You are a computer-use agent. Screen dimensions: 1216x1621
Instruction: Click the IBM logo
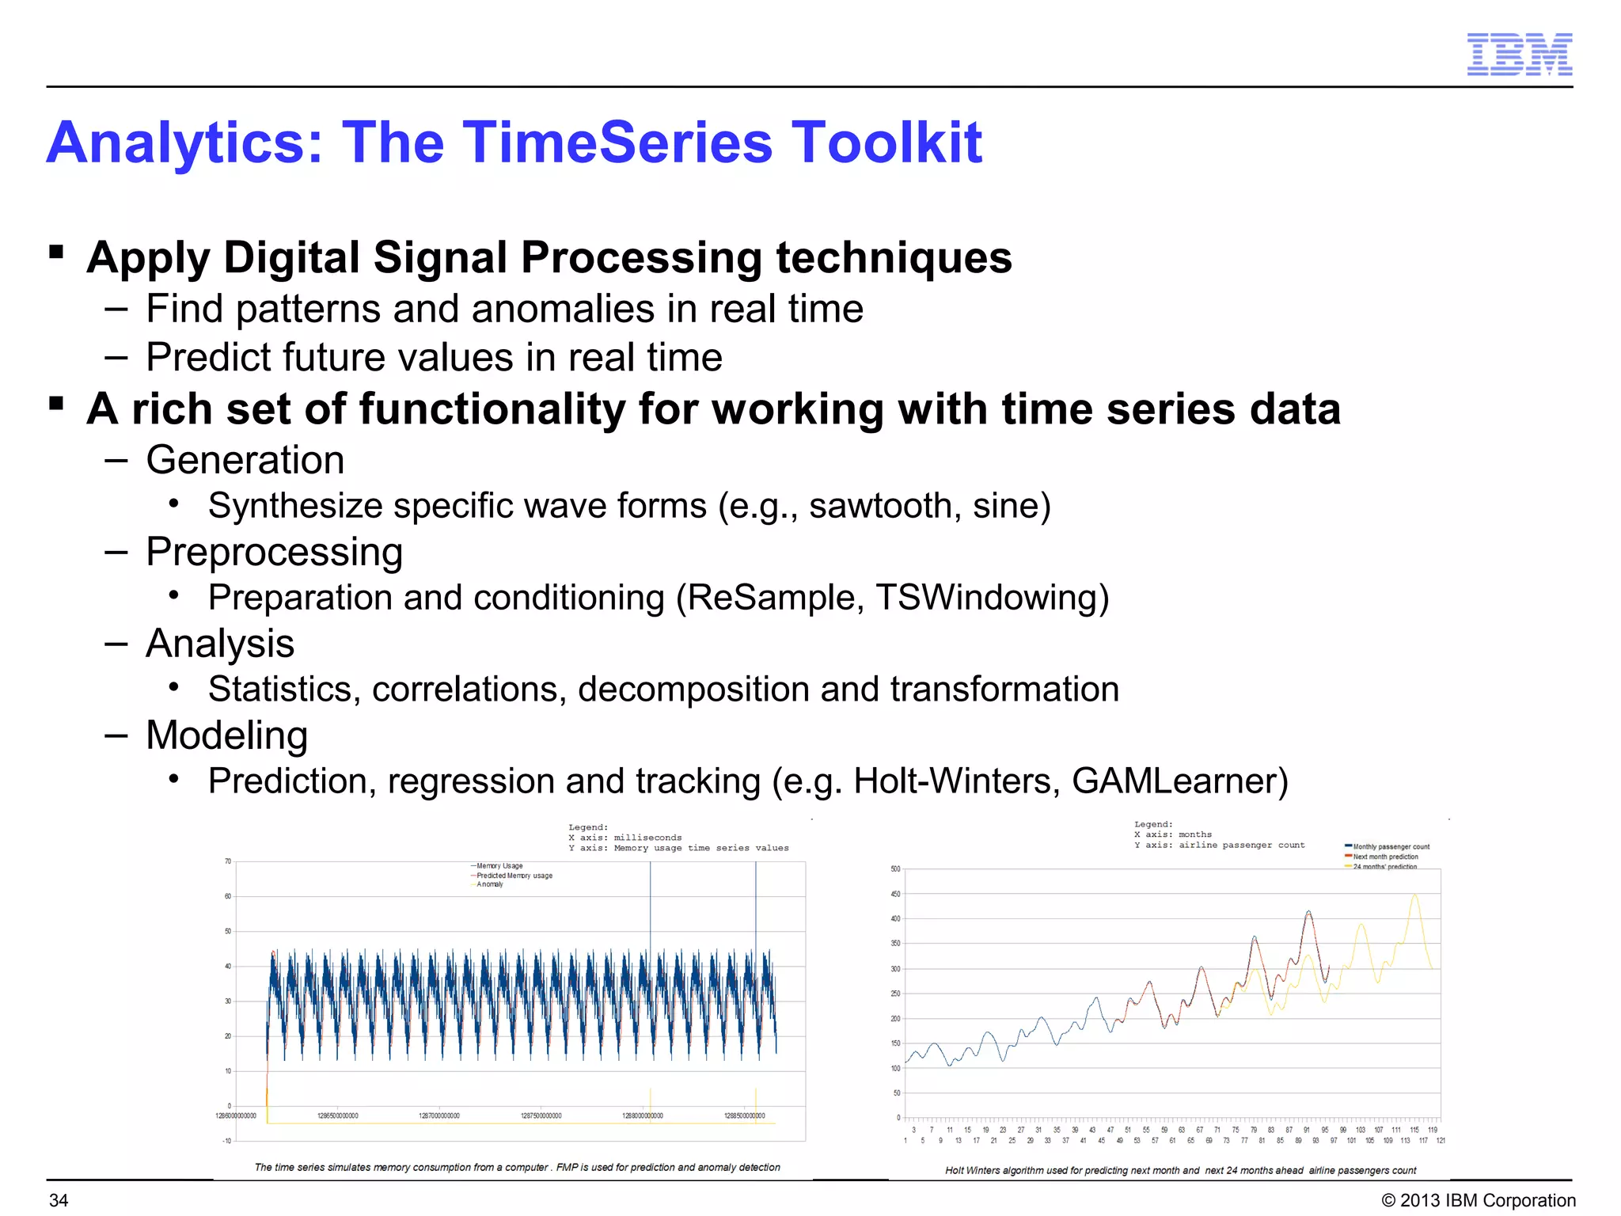tap(1519, 55)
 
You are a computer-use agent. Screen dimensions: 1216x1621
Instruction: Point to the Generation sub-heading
tap(245, 460)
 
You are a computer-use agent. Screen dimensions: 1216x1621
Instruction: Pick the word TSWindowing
tap(992, 598)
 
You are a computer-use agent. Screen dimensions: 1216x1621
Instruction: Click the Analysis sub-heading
tap(220, 643)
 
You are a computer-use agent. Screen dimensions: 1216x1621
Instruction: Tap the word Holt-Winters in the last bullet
tap(957, 781)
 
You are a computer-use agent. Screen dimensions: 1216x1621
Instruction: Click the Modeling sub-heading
tap(227, 735)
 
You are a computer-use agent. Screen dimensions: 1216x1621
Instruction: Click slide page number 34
tap(59, 1200)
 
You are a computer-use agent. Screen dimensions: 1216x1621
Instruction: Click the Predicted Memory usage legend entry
tap(514, 876)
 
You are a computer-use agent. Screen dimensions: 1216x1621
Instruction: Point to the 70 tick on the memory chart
tap(227, 861)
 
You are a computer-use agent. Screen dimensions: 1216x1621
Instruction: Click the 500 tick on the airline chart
tap(895, 869)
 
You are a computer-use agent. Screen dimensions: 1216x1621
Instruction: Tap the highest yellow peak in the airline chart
tap(1414, 895)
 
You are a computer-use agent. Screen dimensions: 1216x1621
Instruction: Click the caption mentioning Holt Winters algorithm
tap(1180, 1170)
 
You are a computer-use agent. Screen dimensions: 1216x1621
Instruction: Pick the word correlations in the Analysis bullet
tap(469, 690)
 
